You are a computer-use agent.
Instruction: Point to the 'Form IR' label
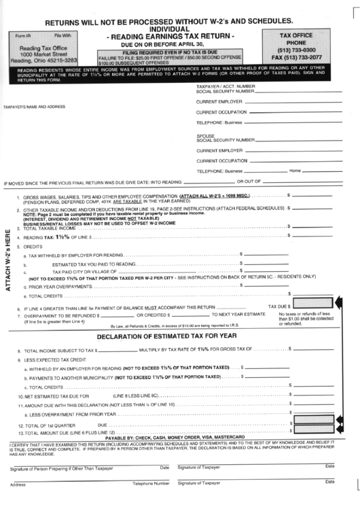point(23,35)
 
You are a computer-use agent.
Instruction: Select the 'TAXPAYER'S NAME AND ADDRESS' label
point(35,107)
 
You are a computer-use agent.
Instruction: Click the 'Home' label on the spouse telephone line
point(295,171)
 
